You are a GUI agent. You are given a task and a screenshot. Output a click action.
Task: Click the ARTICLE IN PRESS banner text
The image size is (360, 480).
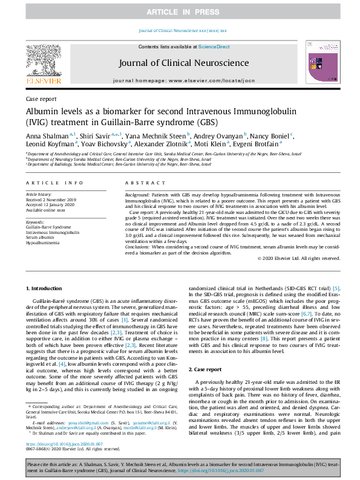pos(180,11)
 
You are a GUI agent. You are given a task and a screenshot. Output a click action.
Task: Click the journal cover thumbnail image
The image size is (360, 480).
pos(319,62)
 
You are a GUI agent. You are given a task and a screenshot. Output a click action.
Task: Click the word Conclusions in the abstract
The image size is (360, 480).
pos(140,247)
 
